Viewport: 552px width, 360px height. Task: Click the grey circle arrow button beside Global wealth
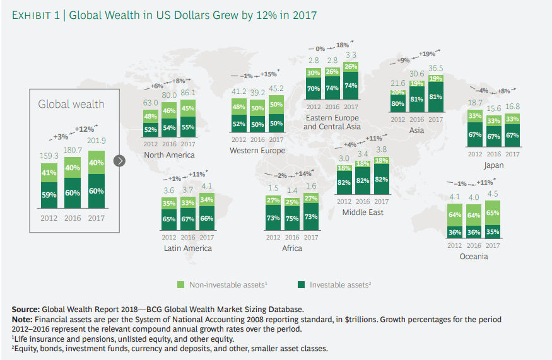point(119,161)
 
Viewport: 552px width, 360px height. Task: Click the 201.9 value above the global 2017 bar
point(96,141)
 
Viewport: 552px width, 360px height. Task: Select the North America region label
point(169,155)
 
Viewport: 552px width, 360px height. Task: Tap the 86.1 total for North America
point(187,93)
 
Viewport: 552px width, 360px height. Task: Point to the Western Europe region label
point(257,151)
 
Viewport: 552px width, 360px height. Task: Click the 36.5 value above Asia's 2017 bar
point(435,68)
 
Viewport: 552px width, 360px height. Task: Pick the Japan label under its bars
point(493,165)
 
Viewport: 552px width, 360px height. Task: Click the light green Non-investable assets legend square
point(181,285)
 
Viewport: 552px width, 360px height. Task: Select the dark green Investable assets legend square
point(301,285)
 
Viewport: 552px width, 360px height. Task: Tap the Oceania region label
point(474,257)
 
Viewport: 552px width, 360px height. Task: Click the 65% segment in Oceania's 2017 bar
point(493,213)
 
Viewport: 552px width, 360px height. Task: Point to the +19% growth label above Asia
point(426,54)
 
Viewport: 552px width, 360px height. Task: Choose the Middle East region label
point(363,212)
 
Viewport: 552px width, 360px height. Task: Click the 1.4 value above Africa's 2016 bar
point(292,191)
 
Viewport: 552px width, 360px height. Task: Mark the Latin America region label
point(187,248)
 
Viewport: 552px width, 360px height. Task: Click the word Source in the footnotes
point(26,310)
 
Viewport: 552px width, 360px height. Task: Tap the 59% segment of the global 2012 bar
point(49,195)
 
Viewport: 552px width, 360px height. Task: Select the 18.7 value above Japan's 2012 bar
point(475,103)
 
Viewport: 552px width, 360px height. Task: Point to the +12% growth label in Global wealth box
point(84,129)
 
